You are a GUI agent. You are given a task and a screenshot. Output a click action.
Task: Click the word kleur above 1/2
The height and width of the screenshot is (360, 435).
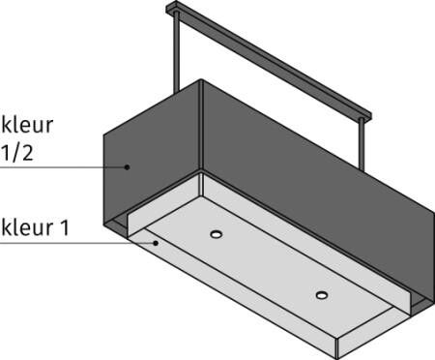click(27, 125)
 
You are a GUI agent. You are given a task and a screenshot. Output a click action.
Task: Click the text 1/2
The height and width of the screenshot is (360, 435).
click(17, 153)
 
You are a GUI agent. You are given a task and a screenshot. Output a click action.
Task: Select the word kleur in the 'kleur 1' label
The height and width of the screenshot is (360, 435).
click(27, 227)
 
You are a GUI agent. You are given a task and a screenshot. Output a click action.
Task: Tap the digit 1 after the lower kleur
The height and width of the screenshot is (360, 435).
click(65, 227)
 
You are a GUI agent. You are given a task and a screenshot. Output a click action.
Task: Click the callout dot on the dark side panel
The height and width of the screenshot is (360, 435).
click(128, 167)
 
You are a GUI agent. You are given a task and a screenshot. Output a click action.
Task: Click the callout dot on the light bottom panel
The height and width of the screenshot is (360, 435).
click(156, 243)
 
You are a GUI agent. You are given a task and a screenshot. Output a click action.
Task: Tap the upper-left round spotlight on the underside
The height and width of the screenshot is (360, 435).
click(217, 234)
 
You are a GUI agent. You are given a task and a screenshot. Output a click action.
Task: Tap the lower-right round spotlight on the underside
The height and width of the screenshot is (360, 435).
click(322, 295)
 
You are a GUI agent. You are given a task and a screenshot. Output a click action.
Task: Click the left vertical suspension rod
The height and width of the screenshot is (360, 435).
click(177, 53)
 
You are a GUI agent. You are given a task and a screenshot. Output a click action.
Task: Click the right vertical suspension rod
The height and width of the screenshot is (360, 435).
click(362, 144)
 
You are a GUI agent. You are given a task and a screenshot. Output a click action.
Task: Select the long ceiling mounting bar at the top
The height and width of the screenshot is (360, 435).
click(269, 61)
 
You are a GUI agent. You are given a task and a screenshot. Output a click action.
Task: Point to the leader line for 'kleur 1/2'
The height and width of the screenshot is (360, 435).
click(64, 167)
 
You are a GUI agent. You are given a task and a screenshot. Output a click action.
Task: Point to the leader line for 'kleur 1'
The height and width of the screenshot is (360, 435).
click(77, 243)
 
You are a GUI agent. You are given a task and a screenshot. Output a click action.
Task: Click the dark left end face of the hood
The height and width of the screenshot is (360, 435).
click(152, 155)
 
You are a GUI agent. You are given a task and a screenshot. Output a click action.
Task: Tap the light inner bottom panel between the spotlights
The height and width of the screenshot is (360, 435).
click(269, 264)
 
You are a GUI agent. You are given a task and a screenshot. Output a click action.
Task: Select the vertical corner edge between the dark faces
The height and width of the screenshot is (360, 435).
click(201, 125)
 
